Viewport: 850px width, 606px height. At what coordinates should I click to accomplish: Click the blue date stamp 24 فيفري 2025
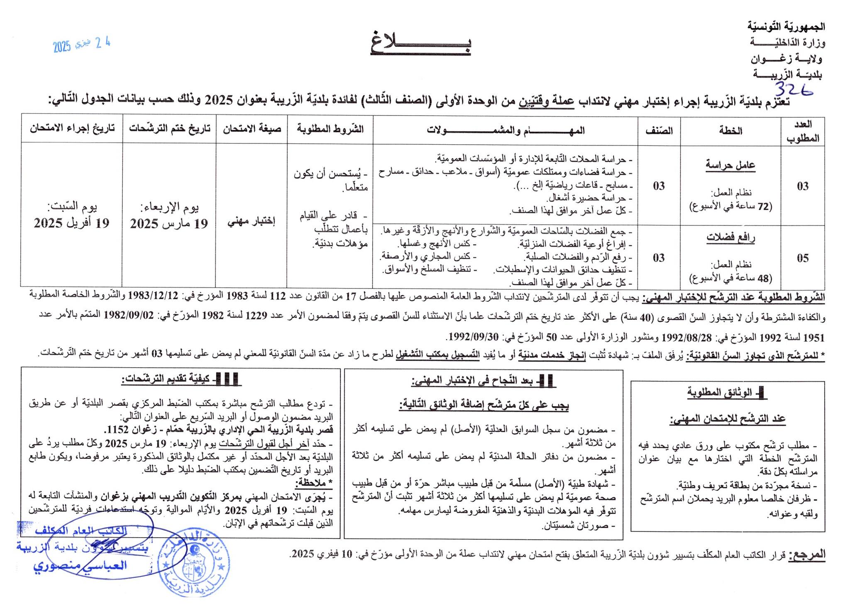click(82, 45)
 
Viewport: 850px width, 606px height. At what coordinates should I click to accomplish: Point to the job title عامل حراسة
click(730, 165)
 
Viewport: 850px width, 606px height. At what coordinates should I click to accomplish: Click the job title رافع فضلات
click(730, 237)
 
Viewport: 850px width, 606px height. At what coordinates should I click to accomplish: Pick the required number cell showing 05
click(802, 258)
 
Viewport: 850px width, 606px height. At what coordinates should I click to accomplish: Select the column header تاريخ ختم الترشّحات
click(169, 129)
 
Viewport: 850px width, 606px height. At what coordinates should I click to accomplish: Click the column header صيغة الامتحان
click(252, 129)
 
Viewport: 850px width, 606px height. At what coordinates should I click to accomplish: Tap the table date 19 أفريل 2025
click(71, 223)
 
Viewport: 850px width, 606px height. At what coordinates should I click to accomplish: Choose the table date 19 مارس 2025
click(169, 223)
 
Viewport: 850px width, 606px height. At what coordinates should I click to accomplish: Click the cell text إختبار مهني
click(252, 221)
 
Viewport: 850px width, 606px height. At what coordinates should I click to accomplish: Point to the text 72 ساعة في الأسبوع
click(730, 206)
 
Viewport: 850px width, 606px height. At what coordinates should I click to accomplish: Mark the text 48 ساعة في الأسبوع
click(730, 278)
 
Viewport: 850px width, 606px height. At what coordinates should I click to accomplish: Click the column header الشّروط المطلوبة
click(330, 129)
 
